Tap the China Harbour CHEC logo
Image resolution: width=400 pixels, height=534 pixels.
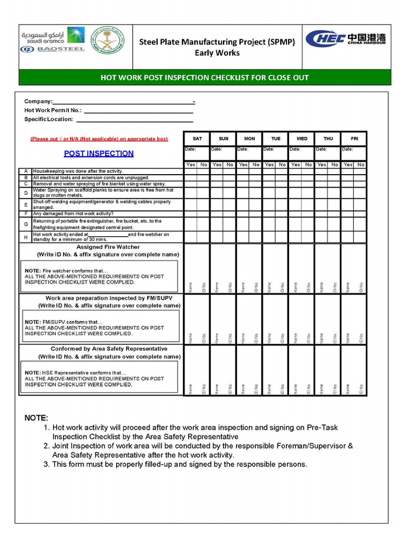(x=345, y=39)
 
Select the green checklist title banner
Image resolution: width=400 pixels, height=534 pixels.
(x=205, y=78)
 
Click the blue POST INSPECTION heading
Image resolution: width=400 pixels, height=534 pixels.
(x=98, y=153)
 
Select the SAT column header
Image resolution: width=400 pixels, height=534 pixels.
(x=197, y=139)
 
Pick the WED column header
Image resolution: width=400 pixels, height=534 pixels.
(x=302, y=139)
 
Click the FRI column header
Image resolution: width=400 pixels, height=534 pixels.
(x=354, y=139)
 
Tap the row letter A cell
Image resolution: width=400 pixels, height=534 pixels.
(x=26, y=171)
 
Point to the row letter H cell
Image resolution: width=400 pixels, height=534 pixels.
(x=26, y=237)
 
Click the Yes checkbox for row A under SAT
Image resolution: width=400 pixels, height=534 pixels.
(x=191, y=171)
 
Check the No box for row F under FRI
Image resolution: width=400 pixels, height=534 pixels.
(x=360, y=213)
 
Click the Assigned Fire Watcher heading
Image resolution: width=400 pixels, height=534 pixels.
(x=108, y=247)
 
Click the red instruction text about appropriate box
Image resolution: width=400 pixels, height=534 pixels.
(x=99, y=139)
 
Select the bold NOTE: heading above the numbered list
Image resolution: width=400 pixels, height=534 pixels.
(x=36, y=418)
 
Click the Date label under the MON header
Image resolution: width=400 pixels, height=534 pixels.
(x=242, y=149)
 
